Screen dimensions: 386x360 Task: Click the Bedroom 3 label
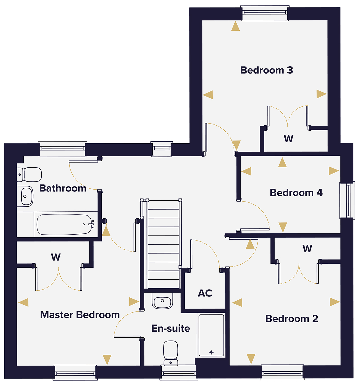click(266, 70)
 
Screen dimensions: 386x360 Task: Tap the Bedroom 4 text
click(296, 193)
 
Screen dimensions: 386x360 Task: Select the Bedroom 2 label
click(292, 318)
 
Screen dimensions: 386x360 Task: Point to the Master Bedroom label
click(80, 315)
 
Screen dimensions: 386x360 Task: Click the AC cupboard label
click(205, 293)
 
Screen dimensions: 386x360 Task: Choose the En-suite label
click(171, 328)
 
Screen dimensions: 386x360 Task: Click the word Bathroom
click(63, 188)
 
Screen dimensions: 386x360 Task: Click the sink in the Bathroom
click(25, 196)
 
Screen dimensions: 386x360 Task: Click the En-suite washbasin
click(162, 301)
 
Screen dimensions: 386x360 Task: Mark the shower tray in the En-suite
click(211, 335)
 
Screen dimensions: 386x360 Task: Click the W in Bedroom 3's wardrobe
click(289, 138)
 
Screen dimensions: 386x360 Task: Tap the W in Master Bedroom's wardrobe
click(56, 257)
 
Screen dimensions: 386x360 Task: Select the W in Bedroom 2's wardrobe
click(307, 248)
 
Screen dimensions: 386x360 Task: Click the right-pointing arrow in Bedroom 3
click(321, 94)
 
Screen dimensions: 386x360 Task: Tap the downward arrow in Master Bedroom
click(107, 359)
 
